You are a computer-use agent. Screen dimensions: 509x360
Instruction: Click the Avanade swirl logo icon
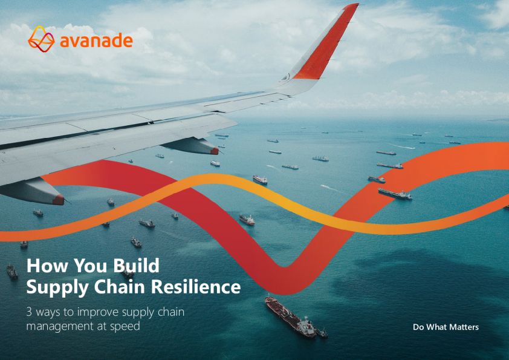point(41,39)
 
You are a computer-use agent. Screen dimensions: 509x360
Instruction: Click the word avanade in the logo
point(96,41)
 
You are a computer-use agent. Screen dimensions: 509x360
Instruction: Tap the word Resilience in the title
point(196,287)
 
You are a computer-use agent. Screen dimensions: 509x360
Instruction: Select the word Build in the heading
point(137,266)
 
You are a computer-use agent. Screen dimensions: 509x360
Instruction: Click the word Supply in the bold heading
point(57,288)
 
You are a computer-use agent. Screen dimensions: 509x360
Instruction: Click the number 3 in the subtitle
point(29,312)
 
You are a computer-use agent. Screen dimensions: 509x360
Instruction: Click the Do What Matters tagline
point(446,327)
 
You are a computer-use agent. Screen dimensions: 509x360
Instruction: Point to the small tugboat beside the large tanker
point(322,333)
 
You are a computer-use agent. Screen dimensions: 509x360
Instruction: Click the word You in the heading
point(90,266)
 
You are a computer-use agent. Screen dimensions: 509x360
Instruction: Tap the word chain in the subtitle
point(171,312)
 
